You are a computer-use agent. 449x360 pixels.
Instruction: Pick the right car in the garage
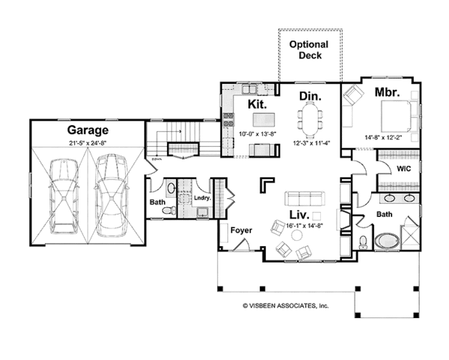(110, 196)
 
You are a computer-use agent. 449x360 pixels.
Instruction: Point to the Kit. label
(257, 104)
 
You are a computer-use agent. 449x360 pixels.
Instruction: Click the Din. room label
(311, 97)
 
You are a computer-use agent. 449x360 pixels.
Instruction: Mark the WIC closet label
(404, 168)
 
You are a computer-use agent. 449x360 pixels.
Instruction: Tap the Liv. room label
(299, 215)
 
